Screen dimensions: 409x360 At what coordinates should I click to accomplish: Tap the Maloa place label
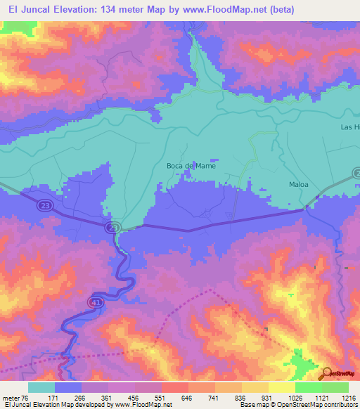click(300, 186)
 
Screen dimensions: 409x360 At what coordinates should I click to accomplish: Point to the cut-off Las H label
click(349, 126)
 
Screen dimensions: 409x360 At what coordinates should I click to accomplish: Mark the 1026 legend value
click(295, 397)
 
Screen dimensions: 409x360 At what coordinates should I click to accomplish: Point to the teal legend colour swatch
click(41, 387)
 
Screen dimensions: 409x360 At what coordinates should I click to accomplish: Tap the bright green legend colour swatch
click(308, 387)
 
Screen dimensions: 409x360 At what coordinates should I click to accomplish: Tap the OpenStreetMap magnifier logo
click(327, 373)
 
